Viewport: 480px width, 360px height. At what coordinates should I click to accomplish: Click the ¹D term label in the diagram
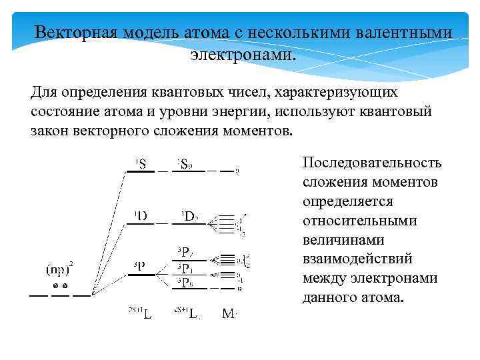(x=141, y=215)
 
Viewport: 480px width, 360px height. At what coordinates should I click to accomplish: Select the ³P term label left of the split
(x=139, y=266)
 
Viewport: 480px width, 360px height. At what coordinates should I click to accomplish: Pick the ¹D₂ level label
(x=189, y=215)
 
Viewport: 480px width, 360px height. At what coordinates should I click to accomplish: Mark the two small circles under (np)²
(x=61, y=286)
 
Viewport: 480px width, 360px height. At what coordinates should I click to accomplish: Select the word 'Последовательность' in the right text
(x=372, y=163)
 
